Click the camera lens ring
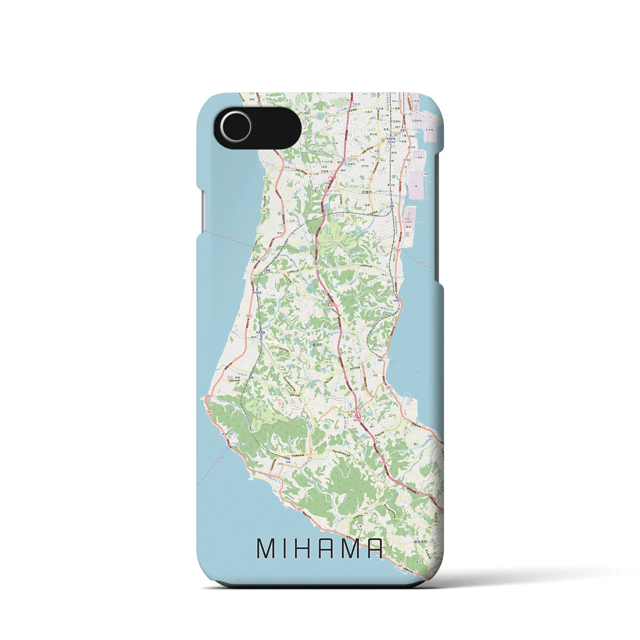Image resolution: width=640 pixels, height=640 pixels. (237, 121)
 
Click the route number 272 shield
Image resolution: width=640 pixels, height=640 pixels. (266, 177)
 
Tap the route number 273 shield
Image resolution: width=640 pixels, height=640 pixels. (316, 267)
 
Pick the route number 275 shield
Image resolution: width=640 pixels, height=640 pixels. (326, 362)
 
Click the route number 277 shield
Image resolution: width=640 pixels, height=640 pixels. (282, 388)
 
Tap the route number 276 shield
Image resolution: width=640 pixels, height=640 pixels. (310, 457)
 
